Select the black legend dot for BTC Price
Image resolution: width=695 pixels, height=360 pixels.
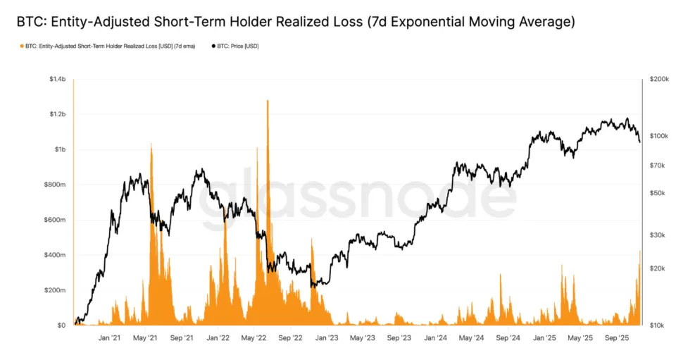tap(213, 46)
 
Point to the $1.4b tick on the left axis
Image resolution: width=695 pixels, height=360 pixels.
tap(57, 80)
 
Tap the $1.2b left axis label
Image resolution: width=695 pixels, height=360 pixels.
tap(57, 114)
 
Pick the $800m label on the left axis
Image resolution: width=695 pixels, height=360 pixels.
tap(56, 185)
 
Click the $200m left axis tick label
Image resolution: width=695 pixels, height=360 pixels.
tap(56, 290)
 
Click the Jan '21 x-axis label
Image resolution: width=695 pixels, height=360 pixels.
tap(109, 338)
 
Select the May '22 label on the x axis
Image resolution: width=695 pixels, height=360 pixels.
tap(253, 338)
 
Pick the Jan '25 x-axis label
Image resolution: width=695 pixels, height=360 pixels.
tap(544, 338)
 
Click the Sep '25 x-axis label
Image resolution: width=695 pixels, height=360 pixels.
tap(617, 338)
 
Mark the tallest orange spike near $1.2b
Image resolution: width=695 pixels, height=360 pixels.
tap(268, 101)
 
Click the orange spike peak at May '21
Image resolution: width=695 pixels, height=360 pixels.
tap(151, 144)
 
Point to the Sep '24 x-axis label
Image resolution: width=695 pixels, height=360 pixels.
tap(508, 338)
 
